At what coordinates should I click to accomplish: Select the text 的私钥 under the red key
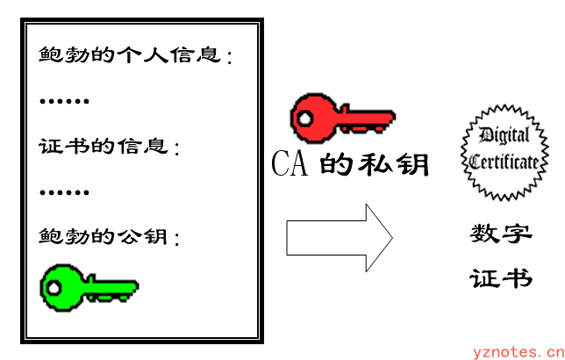(x=373, y=164)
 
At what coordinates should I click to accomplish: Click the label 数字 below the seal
(x=500, y=234)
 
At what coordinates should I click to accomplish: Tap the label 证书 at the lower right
(x=500, y=278)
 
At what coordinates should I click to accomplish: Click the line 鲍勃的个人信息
(x=136, y=55)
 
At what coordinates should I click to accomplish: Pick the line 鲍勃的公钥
(x=109, y=237)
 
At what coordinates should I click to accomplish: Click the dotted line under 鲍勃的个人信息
(x=64, y=101)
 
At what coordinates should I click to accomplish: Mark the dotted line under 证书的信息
(x=64, y=191)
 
